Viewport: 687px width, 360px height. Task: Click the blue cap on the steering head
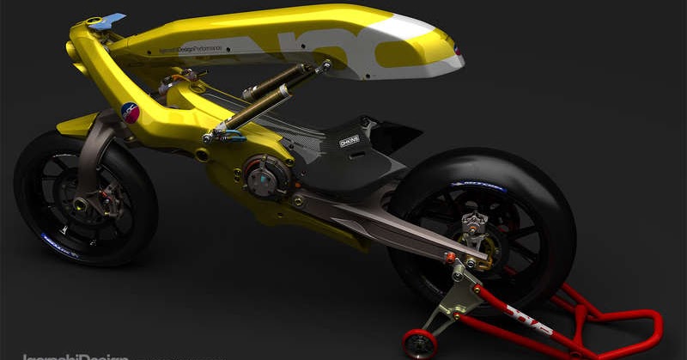(107, 19)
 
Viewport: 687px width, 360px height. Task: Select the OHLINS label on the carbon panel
(350, 141)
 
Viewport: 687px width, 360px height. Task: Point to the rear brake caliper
(470, 225)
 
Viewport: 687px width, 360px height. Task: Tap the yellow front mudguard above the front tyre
(73, 125)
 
